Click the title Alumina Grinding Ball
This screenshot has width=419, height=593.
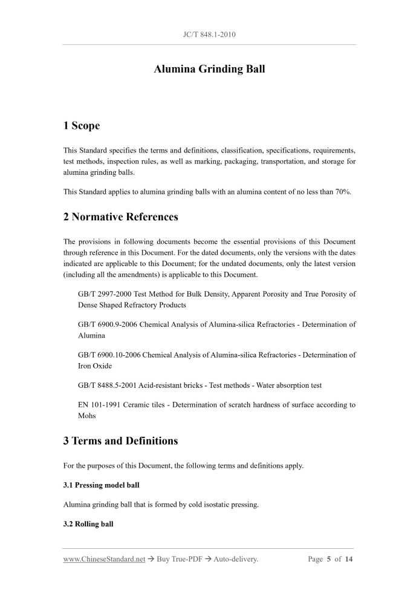[209, 69]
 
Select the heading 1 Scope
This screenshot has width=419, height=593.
[82, 126]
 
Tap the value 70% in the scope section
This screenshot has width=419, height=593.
[343, 192]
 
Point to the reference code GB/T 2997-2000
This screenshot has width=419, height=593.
[105, 294]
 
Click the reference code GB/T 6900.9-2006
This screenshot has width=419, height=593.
[108, 324]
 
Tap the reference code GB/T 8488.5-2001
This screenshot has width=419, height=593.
[108, 385]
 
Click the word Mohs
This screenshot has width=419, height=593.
[88, 416]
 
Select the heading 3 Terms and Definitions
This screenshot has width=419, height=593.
[120, 441]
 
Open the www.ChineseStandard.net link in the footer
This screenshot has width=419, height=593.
[104, 559]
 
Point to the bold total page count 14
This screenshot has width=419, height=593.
[349, 559]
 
